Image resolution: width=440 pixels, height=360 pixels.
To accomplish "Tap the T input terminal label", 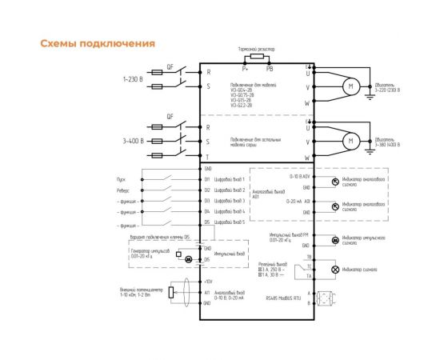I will [x=208, y=156].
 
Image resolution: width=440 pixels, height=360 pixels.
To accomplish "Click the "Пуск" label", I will [x=122, y=180].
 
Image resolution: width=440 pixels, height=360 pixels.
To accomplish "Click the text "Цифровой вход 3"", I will [x=229, y=201].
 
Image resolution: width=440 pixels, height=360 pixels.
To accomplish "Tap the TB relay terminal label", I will [x=307, y=255].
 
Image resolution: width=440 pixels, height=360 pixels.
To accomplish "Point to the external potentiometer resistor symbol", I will [x=171, y=293].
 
